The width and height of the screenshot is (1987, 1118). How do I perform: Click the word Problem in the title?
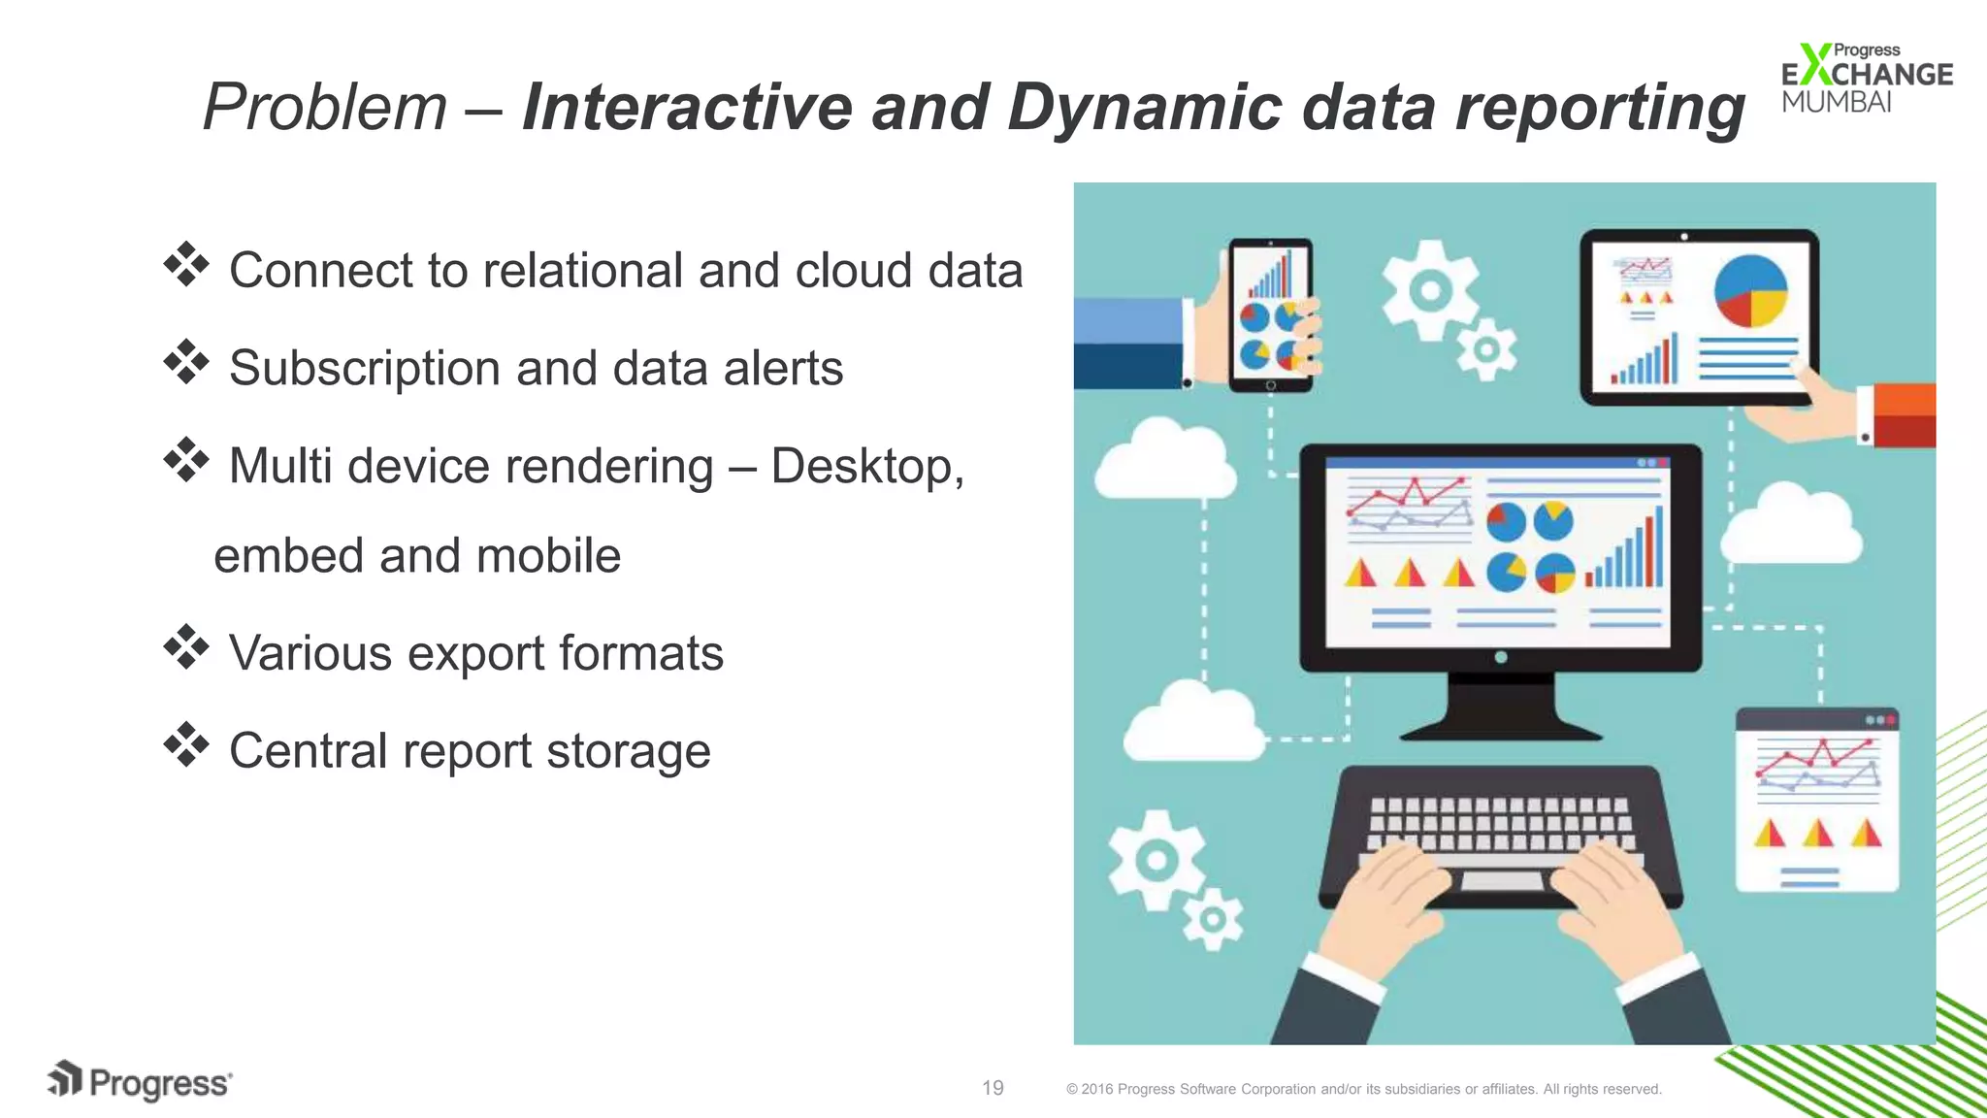point(324,107)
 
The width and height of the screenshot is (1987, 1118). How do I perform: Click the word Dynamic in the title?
point(1145,107)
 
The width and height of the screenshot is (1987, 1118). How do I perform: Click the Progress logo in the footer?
point(140,1081)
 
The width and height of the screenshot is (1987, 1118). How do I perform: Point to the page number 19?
point(993,1088)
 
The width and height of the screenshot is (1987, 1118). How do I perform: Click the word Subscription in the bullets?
point(364,369)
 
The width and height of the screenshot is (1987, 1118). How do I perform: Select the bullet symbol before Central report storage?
point(186,745)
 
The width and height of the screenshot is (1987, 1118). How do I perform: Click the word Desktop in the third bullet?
point(865,467)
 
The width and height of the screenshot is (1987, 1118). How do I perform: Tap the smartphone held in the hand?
point(1270,315)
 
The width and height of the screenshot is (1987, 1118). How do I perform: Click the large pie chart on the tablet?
point(1750,291)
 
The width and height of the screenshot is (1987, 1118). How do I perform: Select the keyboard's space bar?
point(1501,881)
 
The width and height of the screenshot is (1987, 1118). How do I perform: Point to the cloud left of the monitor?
point(1164,461)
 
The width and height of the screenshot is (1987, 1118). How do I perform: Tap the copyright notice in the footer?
point(1363,1089)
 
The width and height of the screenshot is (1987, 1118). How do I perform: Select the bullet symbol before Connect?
point(186,264)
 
